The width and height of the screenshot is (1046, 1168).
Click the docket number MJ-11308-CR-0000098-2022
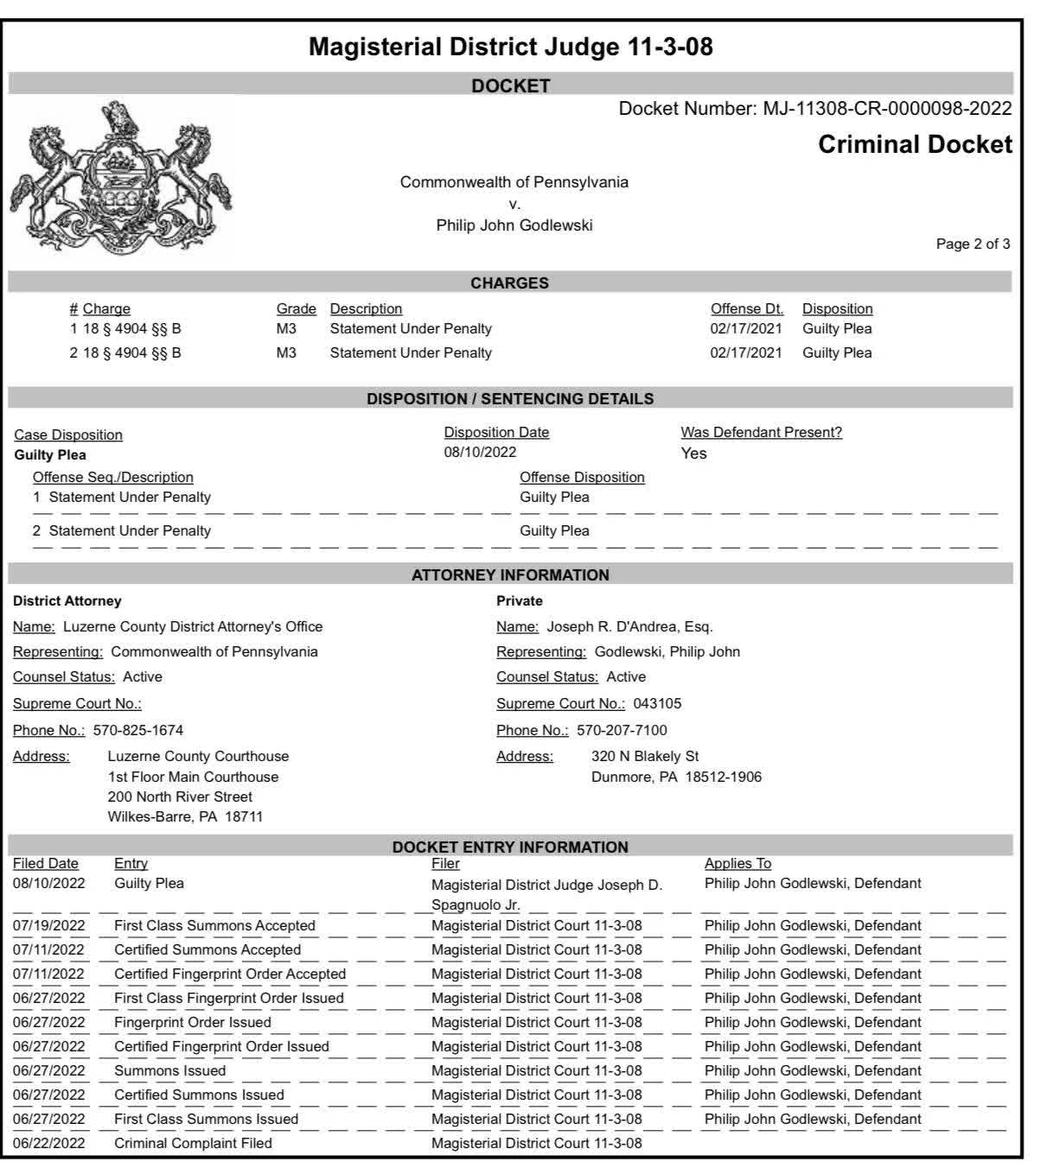(x=887, y=109)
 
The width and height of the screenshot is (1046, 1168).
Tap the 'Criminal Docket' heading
(x=915, y=144)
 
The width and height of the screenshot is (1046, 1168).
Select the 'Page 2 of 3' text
(x=973, y=244)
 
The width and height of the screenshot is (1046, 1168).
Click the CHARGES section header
(x=509, y=283)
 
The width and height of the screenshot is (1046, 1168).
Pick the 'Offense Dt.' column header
(x=747, y=309)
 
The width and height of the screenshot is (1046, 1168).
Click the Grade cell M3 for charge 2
(x=286, y=352)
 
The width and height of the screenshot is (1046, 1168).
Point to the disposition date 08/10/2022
(x=480, y=453)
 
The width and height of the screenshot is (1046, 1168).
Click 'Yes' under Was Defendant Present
(x=693, y=454)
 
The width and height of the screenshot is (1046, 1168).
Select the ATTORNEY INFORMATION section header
(x=510, y=575)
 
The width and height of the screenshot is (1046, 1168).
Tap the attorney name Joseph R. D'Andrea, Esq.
(x=629, y=626)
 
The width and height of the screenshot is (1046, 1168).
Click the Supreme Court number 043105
(x=657, y=703)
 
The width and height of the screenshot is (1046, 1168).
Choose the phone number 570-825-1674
(x=138, y=730)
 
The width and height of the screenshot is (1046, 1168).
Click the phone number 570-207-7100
(x=622, y=730)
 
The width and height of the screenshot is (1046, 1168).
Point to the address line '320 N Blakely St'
(x=645, y=756)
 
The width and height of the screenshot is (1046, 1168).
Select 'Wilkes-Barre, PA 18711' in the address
(x=185, y=816)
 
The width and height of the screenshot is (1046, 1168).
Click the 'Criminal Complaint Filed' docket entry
(x=193, y=1143)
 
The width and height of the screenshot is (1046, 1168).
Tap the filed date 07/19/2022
(x=48, y=925)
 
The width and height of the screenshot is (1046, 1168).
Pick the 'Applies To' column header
(x=737, y=863)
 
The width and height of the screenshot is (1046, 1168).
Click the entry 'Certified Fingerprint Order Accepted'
(x=230, y=974)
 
